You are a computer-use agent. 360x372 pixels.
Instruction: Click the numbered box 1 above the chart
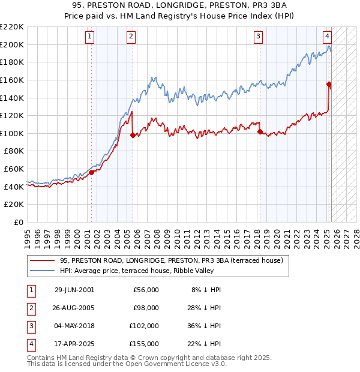click(89, 37)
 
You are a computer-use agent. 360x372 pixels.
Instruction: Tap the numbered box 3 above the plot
click(258, 37)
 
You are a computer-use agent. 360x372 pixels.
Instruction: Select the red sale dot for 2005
click(133, 135)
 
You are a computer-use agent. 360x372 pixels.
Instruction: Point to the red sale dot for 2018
click(260, 131)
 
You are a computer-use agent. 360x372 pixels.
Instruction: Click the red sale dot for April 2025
click(329, 84)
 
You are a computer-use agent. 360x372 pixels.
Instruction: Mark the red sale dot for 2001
click(92, 172)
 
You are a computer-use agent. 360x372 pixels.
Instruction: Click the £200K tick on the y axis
click(13, 44)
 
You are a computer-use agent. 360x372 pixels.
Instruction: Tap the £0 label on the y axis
click(17, 222)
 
